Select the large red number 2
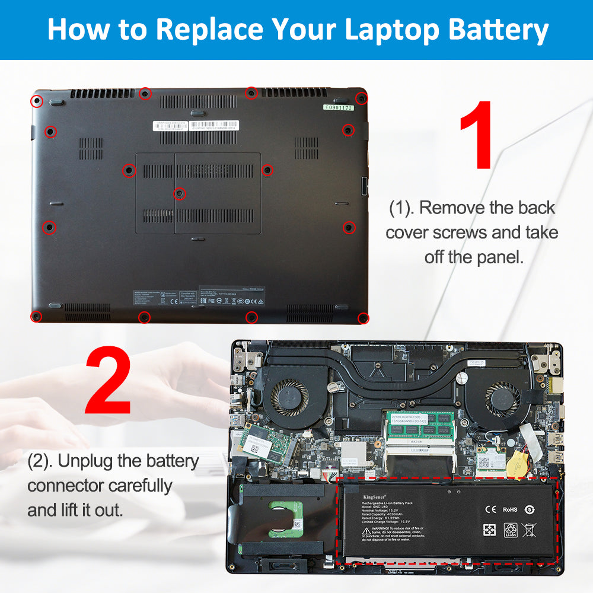coord(108,381)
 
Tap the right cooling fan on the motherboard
coord(502,397)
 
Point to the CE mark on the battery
coord(490,509)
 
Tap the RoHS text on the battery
coord(510,509)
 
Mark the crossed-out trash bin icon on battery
coord(529,530)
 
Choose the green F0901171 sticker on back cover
coord(337,108)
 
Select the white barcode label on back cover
coord(170,126)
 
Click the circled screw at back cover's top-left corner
coord(37,100)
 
